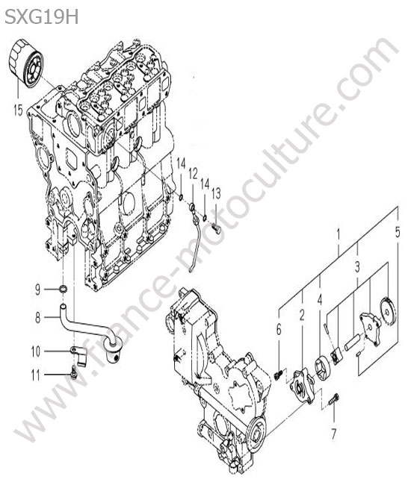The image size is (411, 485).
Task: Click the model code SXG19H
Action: (42, 16)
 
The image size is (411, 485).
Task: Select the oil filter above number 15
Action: (27, 63)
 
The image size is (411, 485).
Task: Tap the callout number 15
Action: (18, 110)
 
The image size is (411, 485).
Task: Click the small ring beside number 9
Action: (64, 290)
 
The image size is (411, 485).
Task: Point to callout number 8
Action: (37, 317)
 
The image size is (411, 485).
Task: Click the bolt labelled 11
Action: (74, 372)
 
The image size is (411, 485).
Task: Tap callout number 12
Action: (193, 175)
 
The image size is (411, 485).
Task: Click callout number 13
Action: (216, 194)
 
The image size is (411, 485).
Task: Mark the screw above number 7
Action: (334, 400)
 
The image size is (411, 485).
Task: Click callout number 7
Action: (333, 434)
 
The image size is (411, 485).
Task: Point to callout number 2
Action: (302, 315)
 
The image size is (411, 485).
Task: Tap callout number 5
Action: (398, 233)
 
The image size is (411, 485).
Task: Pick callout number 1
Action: (339, 235)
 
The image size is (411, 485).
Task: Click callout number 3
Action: (357, 266)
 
